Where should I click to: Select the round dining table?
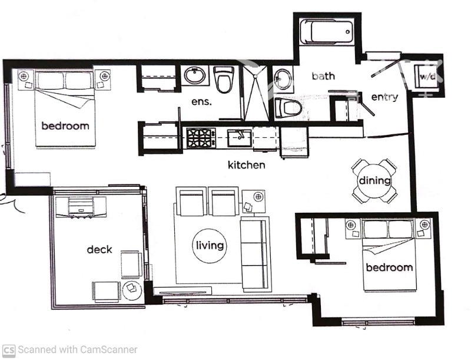374,180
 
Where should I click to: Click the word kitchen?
246,165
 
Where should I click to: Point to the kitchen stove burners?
200,138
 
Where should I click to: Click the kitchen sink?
240,138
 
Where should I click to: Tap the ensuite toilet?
224,80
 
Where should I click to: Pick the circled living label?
210,245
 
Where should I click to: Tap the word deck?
99,249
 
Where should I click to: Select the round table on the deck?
132,288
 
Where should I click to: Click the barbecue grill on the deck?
81,207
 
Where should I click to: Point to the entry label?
384,97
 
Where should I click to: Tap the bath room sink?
283,79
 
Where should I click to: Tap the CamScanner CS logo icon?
9,349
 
